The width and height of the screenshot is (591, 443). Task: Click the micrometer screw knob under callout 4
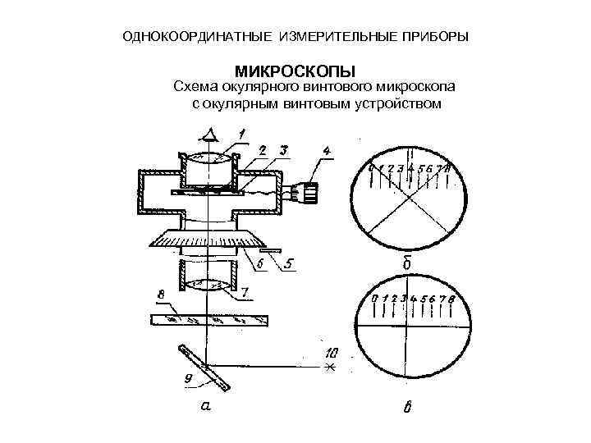307,193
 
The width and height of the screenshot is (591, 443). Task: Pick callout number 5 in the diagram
289,264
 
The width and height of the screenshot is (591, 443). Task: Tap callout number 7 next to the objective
245,292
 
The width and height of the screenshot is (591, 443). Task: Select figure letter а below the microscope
206,404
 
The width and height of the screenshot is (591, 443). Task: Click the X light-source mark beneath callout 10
331,367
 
